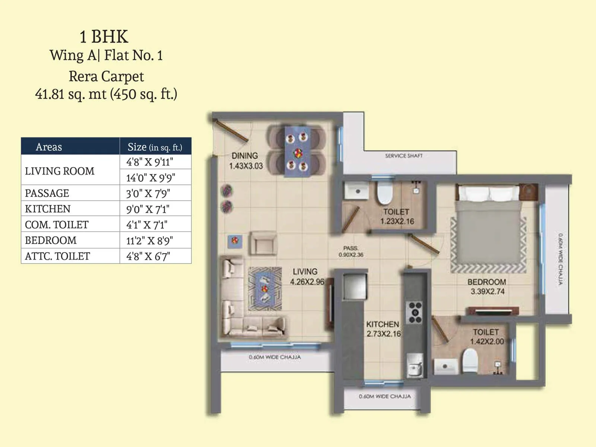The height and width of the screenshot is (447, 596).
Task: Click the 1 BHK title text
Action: (104, 37)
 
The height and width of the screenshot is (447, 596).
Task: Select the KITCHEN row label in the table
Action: (48, 209)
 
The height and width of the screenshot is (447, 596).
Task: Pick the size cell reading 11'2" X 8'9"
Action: (149, 241)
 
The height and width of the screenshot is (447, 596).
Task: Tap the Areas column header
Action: (49, 147)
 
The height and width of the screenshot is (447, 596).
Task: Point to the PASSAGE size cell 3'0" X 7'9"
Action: (148, 193)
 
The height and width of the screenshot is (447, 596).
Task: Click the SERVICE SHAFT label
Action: (404, 156)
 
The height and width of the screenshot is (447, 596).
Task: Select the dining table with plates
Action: (297, 152)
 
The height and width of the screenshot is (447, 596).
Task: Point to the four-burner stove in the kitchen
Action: (415, 312)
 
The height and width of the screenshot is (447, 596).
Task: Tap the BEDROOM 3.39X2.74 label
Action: (486, 287)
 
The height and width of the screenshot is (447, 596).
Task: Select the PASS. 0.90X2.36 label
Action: (351, 251)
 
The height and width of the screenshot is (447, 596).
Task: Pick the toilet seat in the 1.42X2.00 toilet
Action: (470, 360)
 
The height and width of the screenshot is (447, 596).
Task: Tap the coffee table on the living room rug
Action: (264, 288)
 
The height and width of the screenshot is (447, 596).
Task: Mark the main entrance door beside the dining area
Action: (231, 131)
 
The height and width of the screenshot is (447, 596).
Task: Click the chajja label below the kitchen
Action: (385, 396)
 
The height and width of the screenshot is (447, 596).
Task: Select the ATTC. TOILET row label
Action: (57, 256)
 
